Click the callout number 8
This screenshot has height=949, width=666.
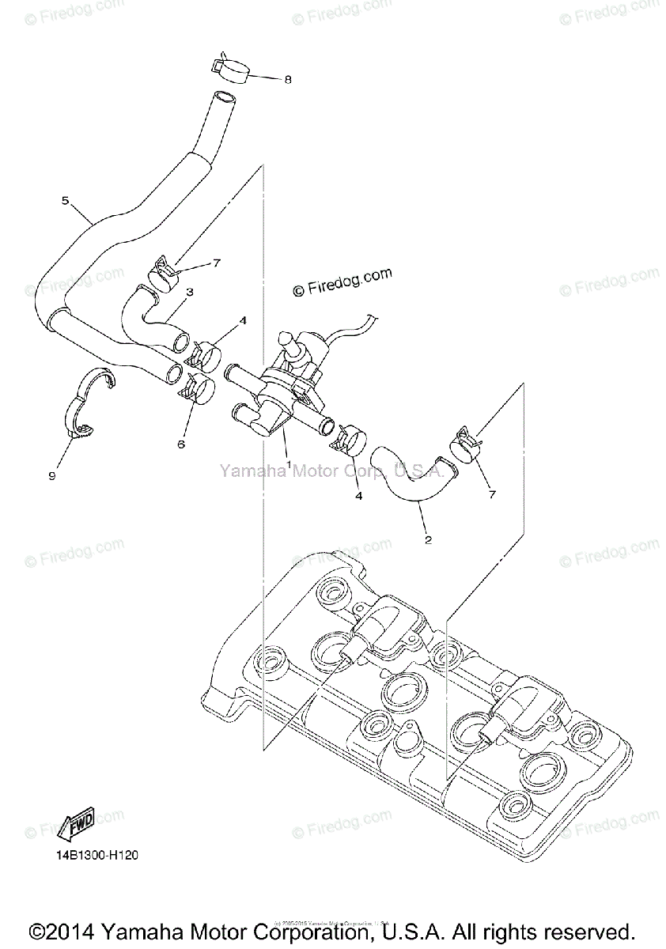coord(288,79)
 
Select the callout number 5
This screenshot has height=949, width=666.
coord(66,201)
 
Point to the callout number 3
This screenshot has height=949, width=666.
coord(190,292)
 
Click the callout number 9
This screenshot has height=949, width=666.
coord(52,475)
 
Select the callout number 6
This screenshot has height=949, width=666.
coord(181,444)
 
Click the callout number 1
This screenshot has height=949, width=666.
coord(289,464)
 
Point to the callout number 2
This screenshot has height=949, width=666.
coord(428,540)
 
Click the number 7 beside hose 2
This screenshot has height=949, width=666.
coord(491,494)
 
